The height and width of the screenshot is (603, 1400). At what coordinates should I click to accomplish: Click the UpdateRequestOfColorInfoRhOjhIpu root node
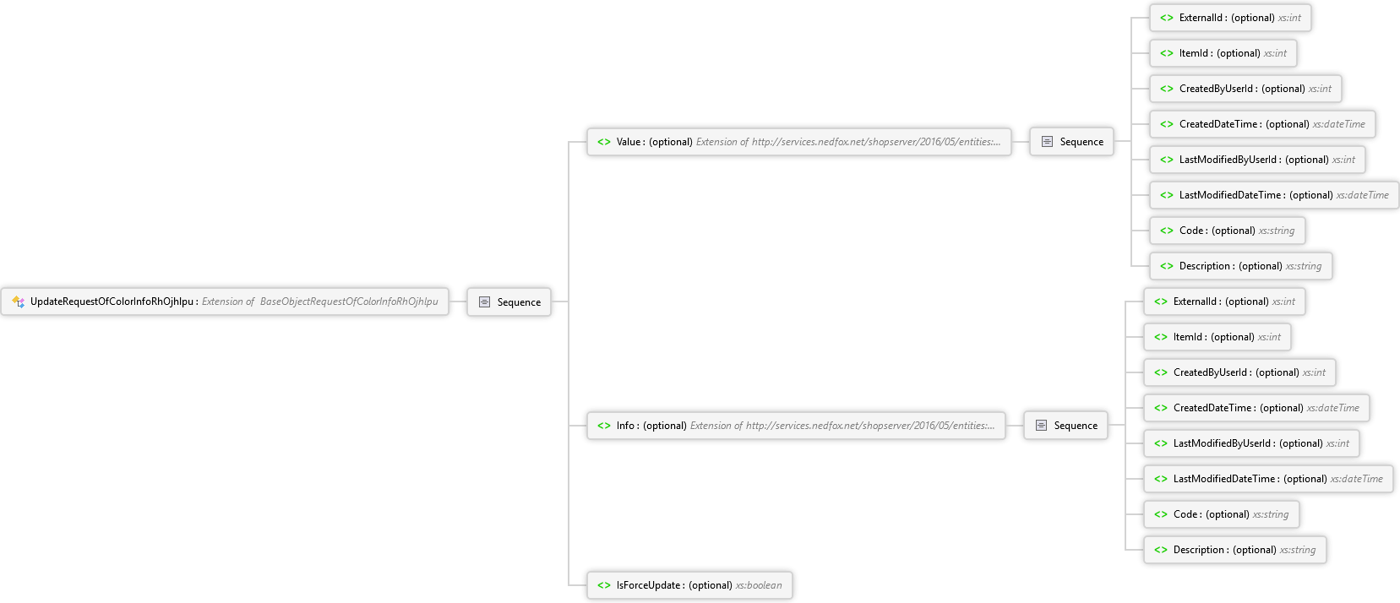click(x=225, y=301)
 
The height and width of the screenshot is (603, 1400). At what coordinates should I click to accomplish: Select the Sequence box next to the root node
click(x=509, y=301)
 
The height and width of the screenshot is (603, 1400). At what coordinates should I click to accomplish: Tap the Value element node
click(x=798, y=142)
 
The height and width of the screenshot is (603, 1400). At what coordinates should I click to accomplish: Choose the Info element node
click(x=796, y=426)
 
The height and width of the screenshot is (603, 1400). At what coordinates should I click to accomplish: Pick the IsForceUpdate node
click(x=689, y=585)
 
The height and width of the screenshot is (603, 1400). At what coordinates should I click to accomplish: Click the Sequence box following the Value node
click(x=1071, y=142)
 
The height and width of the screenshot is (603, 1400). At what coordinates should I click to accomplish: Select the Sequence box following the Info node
click(x=1065, y=426)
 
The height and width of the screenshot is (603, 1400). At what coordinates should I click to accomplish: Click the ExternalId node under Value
click(x=1230, y=18)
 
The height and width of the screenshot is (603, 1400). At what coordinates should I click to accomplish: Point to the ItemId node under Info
click(x=1217, y=337)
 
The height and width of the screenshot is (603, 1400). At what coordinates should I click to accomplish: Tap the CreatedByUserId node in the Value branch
click(x=1245, y=89)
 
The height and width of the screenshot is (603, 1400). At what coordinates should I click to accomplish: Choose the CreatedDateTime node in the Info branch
click(x=1256, y=408)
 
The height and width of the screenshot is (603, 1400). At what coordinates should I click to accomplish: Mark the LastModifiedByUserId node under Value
click(x=1257, y=160)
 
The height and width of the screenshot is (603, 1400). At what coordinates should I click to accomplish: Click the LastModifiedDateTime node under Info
click(x=1268, y=479)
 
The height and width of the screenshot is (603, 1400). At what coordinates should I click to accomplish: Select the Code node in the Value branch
click(x=1228, y=231)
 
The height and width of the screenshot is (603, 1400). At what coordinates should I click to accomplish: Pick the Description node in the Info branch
click(x=1235, y=550)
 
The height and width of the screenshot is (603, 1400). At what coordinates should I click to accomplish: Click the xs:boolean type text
click(x=759, y=585)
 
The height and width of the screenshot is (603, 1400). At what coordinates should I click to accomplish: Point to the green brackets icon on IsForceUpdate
click(x=604, y=585)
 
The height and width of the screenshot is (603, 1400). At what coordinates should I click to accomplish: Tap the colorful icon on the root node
click(x=18, y=301)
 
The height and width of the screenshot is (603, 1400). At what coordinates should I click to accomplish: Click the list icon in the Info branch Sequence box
click(x=1041, y=426)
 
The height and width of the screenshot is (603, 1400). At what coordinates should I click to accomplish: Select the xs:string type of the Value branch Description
click(x=1304, y=266)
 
